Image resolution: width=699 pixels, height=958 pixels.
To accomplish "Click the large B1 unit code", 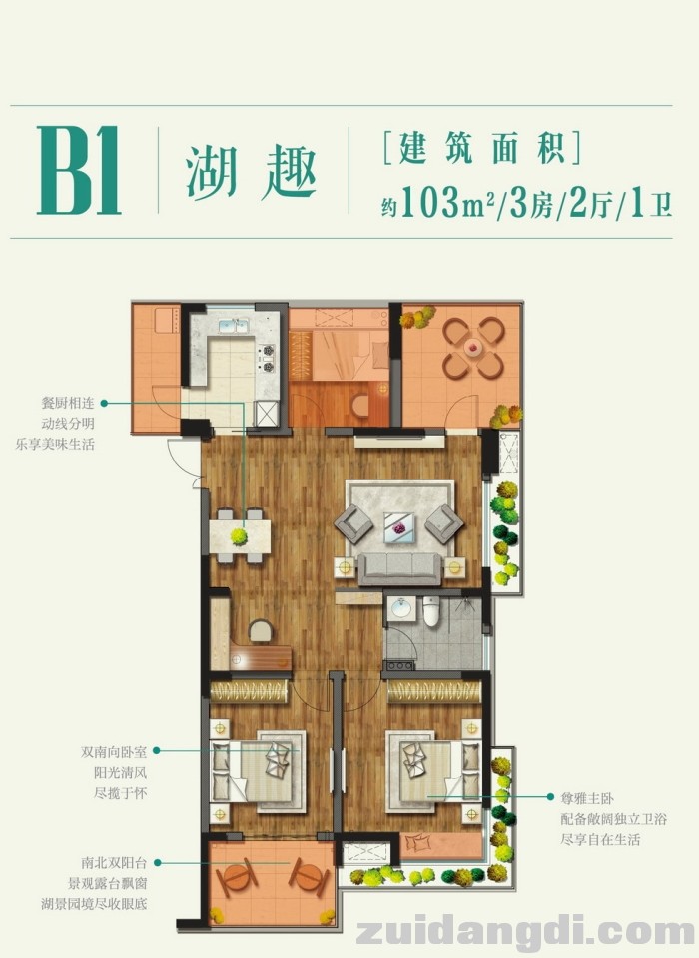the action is click(x=79, y=170).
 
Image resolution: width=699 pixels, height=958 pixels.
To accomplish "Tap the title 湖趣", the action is click(x=251, y=172).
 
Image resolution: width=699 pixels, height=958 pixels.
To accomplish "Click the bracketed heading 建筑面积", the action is click(x=482, y=148).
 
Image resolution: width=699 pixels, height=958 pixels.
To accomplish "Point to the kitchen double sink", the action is click(x=234, y=326).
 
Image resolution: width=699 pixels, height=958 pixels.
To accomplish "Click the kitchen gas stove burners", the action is click(x=268, y=358).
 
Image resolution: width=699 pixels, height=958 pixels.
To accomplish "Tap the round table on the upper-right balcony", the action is click(x=473, y=347).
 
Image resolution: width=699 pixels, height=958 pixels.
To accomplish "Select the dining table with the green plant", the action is click(x=240, y=536).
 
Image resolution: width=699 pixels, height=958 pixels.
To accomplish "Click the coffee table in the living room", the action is click(x=398, y=527).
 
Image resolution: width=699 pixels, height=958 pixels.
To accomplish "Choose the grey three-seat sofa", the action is click(x=399, y=568).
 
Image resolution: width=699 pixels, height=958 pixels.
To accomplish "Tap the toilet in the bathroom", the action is click(x=431, y=611).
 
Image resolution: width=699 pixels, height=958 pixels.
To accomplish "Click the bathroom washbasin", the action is click(x=401, y=609).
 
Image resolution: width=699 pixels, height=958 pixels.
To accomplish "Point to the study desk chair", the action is click(x=261, y=630).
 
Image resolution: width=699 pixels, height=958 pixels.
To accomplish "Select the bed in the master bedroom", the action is click(x=433, y=771).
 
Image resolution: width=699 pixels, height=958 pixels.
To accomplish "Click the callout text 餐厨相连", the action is click(x=68, y=403).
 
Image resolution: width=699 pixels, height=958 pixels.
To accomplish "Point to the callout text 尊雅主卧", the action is click(x=587, y=797).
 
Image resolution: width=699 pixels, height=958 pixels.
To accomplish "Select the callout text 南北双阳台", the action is click(x=114, y=863).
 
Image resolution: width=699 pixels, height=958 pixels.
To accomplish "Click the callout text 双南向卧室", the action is click(x=114, y=751).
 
